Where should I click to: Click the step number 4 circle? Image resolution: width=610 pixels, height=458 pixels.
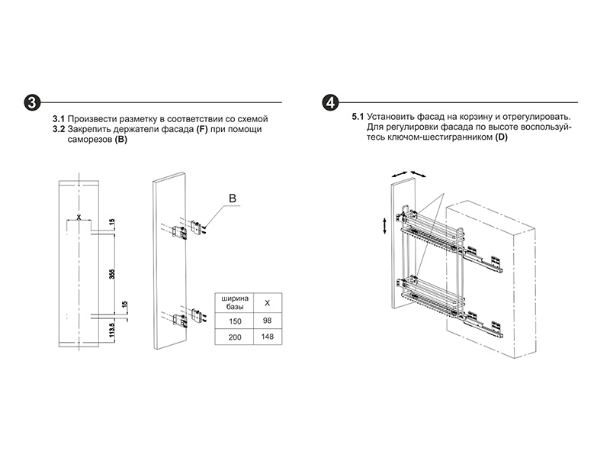[x=330, y=102]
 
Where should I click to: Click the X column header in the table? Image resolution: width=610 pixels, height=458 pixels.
[x=267, y=302]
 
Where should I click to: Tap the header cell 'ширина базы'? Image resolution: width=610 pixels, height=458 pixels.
[x=235, y=302]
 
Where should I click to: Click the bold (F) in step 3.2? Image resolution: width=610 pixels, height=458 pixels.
[x=202, y=130]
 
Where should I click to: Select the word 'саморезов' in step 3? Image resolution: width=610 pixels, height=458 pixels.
[x=89, y=140]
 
